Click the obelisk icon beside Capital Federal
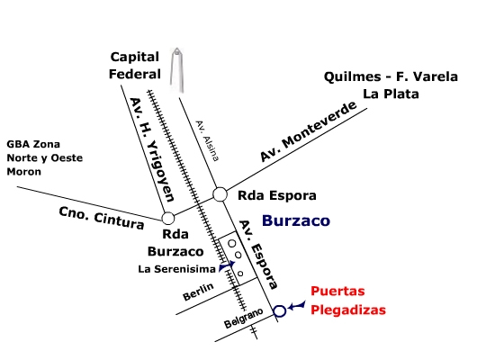pos(177,70)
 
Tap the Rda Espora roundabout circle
pos(220,187)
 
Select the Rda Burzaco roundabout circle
pos(168,211)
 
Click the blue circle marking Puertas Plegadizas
pos(279,305)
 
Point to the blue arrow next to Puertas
pos(297,305)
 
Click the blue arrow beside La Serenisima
pos(227,265)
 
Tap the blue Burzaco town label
pos(296,220)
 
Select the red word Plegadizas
pos(348,310)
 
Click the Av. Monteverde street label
pos(308,131)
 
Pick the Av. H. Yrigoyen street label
pos(152,149)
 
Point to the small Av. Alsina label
pos(207,140)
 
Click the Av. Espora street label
pos(258,255)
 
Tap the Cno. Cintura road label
pos(102,218)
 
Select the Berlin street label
pos(198,292)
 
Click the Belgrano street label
pos(243,318)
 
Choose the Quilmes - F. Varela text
pos(391,76)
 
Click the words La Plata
pos(391,94)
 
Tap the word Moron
pos(24,172)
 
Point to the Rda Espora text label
pos(277,195)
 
